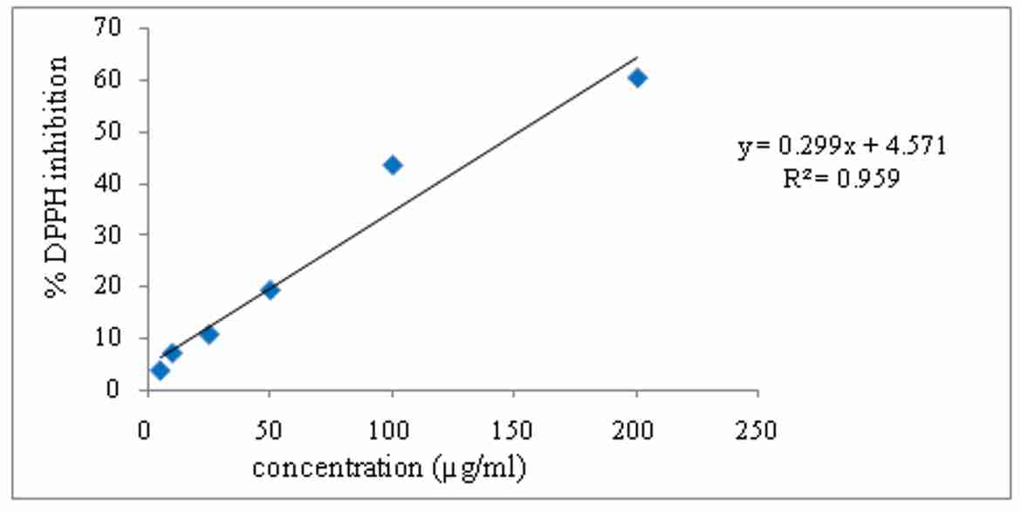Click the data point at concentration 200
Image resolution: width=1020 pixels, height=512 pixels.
(x=637, y=79)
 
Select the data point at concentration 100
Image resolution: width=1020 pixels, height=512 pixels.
(x=393, y=165)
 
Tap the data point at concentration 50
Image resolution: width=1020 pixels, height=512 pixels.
(x=270, y=290)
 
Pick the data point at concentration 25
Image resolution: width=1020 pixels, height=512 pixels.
(x=209, y=334)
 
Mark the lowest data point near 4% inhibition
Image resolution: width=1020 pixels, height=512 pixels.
(x=160, y=371)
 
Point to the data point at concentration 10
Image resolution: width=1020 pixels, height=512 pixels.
(x=172, y=353)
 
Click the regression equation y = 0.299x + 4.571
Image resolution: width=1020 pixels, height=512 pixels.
(x=842, y=147)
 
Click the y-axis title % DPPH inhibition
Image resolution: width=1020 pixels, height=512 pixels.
(x=58, y=176)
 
